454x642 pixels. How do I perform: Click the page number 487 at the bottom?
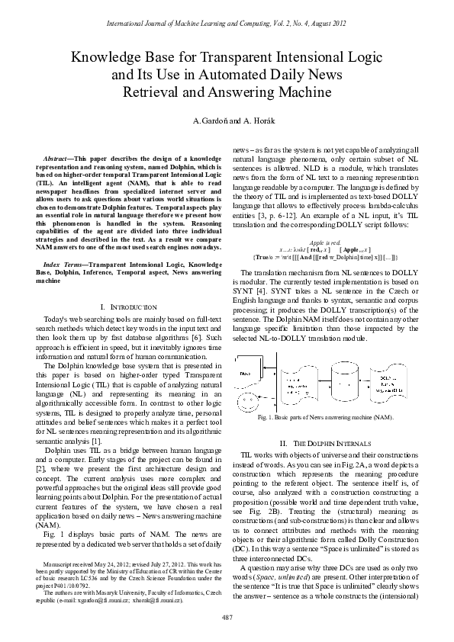[227, 616]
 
